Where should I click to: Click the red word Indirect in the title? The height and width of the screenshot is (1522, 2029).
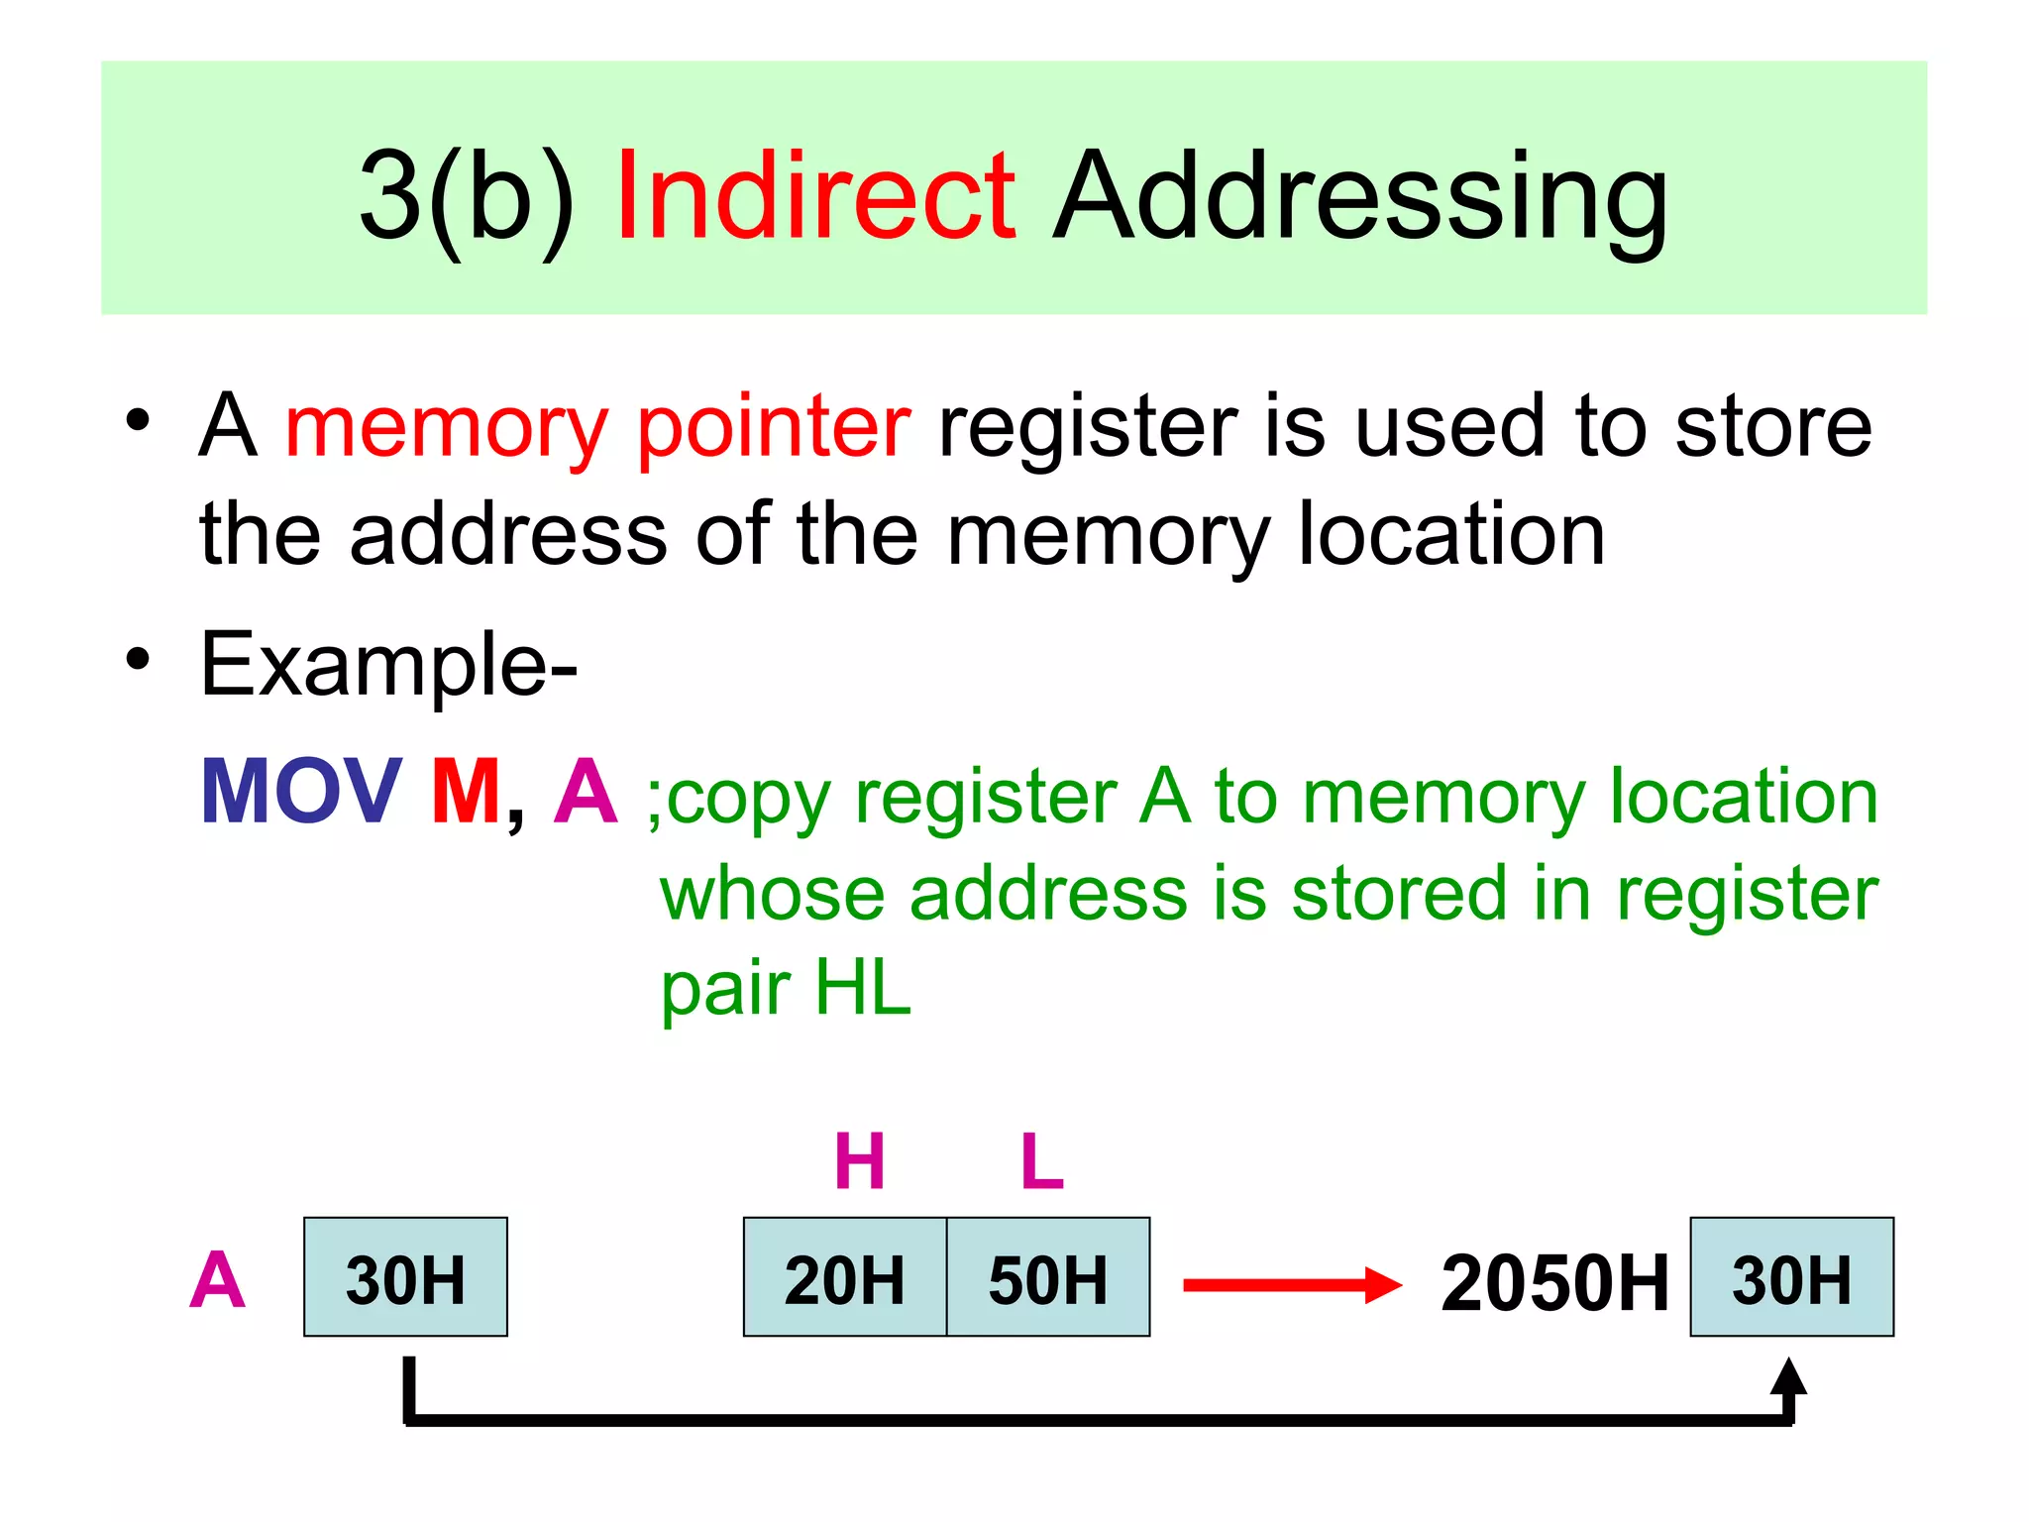tap(814, 195)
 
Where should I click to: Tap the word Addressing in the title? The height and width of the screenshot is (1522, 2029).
tap(1360, 195)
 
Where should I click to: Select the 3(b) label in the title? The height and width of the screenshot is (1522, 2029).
tap(467, 195)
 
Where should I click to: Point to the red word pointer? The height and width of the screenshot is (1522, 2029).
tap(773, 427)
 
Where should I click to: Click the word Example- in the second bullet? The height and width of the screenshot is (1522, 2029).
tap(388, 665)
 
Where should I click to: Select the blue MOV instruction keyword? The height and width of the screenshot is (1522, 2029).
tap(301, 792)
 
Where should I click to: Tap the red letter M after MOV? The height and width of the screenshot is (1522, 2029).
tap(466, 792)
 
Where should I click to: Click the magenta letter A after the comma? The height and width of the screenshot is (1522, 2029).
tap(586, 792)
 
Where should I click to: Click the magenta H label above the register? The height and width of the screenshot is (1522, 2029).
tap(859, 1161)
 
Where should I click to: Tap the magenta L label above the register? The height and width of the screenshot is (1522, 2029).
tap(1042, 1161)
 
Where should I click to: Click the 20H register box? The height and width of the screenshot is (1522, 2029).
tap(845, 1277)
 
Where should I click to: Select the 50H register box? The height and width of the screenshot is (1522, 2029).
tap(1048, 1277)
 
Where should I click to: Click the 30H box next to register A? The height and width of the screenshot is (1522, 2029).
tap(405, 1277)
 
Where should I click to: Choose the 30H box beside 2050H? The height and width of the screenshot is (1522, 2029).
tap(1791, 1277)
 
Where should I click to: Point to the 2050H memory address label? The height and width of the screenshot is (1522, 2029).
tap(1554, 1283)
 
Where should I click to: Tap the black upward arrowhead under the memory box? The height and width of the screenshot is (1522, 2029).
tap(1788, 1377)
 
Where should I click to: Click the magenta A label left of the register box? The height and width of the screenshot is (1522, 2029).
tap(217, 1280)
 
